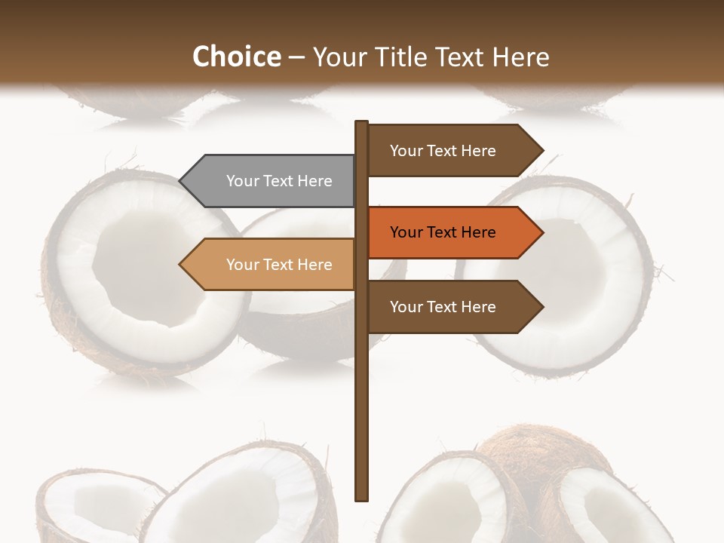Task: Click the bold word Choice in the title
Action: (236, 57)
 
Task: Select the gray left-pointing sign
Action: (271, 181)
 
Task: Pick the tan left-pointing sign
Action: (271, 265)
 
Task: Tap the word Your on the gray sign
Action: (242, 181)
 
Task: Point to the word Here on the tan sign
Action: (314, 265)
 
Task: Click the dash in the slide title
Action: (296, 57)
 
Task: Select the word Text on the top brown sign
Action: (443, 151)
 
